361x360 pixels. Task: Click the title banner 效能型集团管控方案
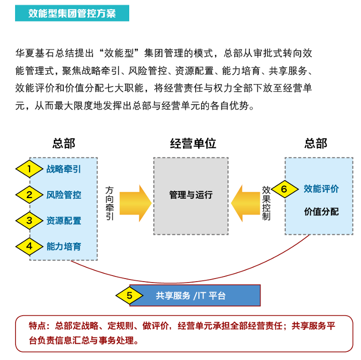[72, 13]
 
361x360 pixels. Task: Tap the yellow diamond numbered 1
[30, 169]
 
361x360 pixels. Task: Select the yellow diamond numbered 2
[30, 195]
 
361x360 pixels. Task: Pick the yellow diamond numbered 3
[30, 220]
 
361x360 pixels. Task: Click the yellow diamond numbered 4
[30, 246]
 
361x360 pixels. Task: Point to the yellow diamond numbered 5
[130, 296]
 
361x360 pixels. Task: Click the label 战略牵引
[64, 169]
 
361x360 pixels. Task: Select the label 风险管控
[64, 195]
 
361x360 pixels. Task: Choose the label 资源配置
[64, 221]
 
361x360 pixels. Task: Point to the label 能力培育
[64, 246]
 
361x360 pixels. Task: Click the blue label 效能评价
[321, 189]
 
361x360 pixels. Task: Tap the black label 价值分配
[321, 212]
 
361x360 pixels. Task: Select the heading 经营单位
[193, 144]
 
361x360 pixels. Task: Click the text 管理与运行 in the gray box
[191, 195]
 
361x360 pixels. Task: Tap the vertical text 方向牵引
[110, 204]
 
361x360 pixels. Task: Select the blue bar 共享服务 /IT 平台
[201, 296]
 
